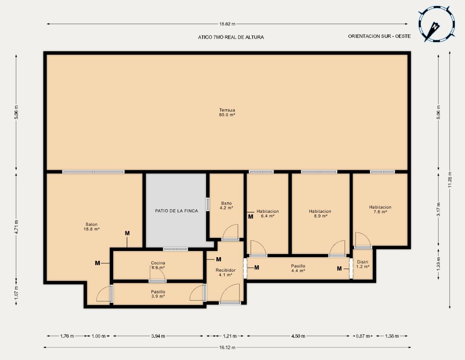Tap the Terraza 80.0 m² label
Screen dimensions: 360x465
coord(227,112)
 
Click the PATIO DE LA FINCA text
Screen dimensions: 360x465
coord(176,211)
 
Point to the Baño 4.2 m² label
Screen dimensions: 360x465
coord(226,205)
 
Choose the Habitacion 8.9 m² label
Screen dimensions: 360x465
coord(320,213)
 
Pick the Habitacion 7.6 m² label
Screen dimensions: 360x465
coord(380,209)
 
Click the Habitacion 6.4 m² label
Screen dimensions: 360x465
coord(268,213)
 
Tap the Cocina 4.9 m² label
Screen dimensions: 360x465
coord(158,265)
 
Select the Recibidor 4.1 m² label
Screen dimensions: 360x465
coord(226,272)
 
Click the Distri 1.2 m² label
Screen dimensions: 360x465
coord(363,264)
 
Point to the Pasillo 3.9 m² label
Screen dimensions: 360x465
coord(158,294)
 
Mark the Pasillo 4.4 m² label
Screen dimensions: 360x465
coord(298,268)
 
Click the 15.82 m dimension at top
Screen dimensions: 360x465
coord(227,24)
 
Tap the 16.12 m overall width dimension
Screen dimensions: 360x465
coord(227,348)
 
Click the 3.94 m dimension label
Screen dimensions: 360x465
coord(158,336)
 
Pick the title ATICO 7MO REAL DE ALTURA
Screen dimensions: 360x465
coord(231,37)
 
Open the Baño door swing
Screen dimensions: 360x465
coord(231,232)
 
